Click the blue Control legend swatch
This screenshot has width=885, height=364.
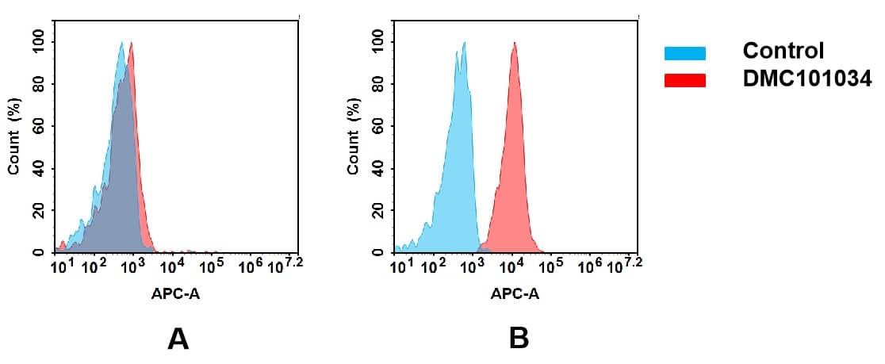[x=684, y=53]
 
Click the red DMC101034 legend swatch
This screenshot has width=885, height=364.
[x=684, y=80]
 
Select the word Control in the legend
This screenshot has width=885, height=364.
[x=783, y=52]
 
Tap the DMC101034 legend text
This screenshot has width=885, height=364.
[x=806, y=79]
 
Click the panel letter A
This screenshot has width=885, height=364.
[x=178, y=339]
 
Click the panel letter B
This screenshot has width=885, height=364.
[x=519, y=339]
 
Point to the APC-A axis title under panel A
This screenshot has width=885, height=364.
[x=175, y=294]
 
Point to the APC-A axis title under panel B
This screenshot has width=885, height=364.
[x=515, y=294]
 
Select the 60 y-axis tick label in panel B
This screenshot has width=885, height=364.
[x=377, y=126]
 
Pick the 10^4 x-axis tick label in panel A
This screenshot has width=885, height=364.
[x=173, y=264]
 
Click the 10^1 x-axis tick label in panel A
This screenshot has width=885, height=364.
[x=60, y=264]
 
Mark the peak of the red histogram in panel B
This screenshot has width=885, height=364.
[x=515, y=43]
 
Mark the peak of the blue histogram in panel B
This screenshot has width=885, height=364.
[x=464, y=43]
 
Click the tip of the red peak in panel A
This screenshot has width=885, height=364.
[x=131, y=43]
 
